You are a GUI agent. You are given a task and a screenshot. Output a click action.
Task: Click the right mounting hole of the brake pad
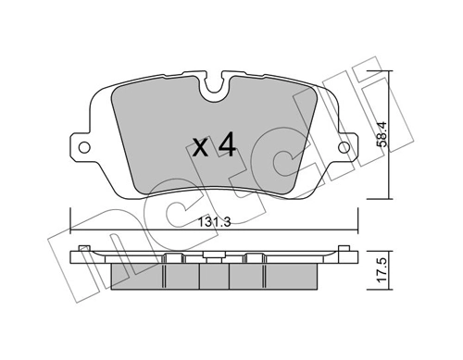pos(345,147)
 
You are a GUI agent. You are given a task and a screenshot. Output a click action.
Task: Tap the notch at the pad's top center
pos(214,91)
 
